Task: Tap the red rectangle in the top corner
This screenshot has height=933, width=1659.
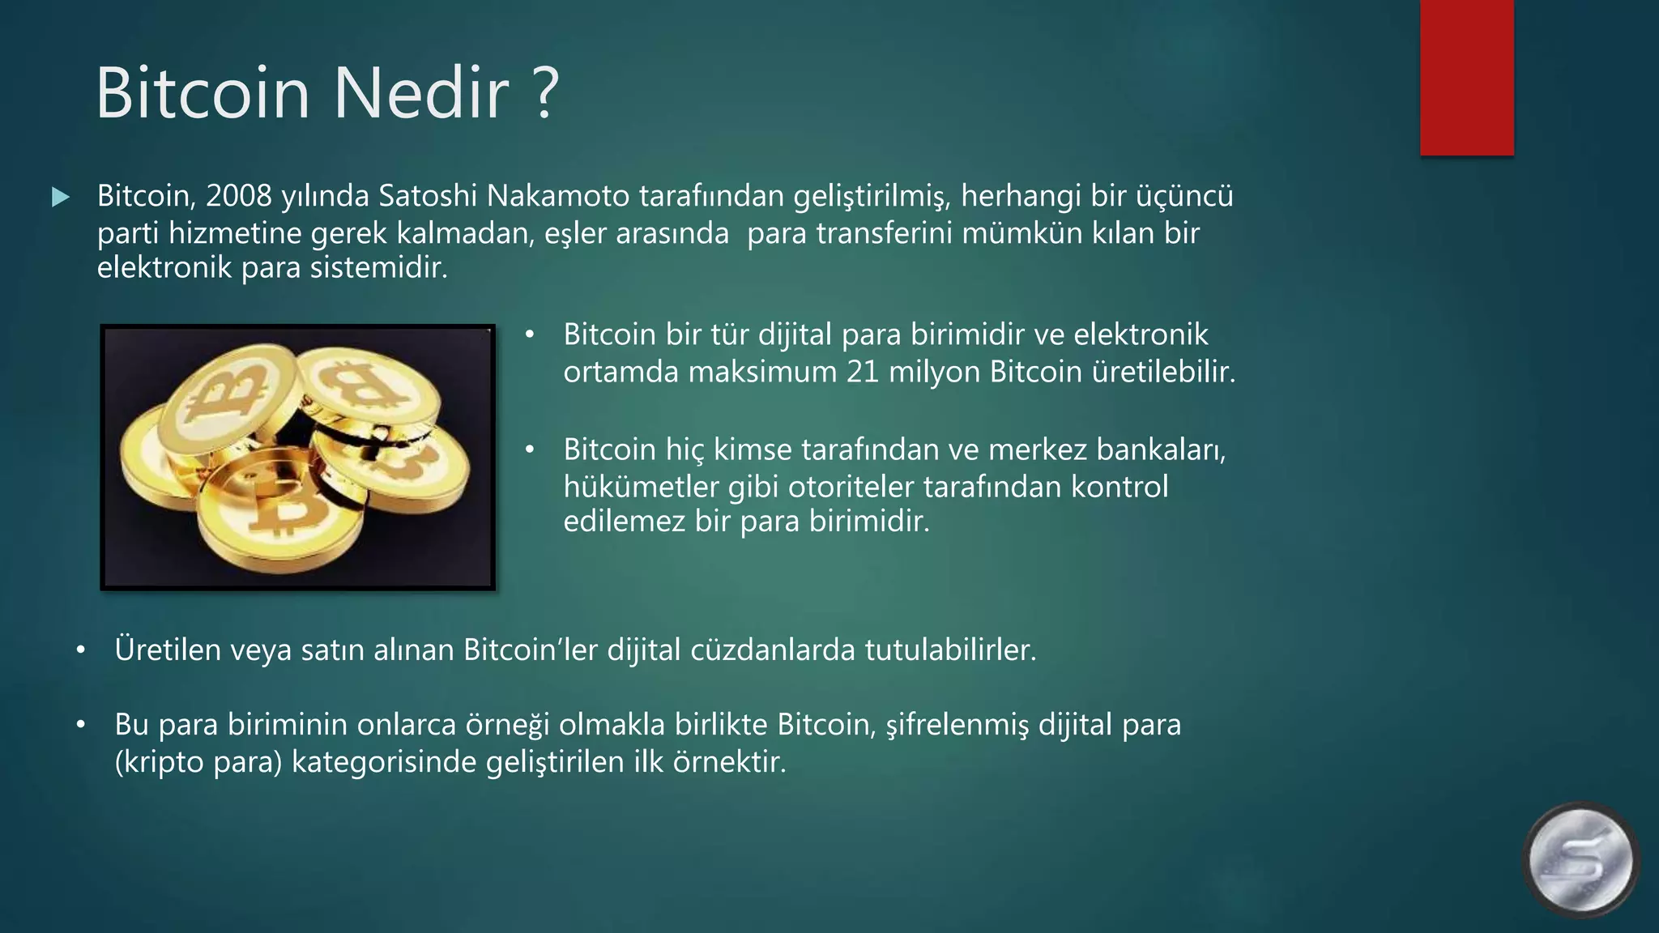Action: click(1466, 77)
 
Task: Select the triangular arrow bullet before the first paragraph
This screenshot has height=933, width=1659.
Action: click(60, 197)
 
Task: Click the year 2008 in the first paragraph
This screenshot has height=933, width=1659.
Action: click(238, 196)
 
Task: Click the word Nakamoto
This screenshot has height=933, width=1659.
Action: click(558, 196)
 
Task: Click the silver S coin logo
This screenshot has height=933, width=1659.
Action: click(1580, 860)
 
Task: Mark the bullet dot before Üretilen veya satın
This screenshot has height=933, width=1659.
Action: click(80, 650)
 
